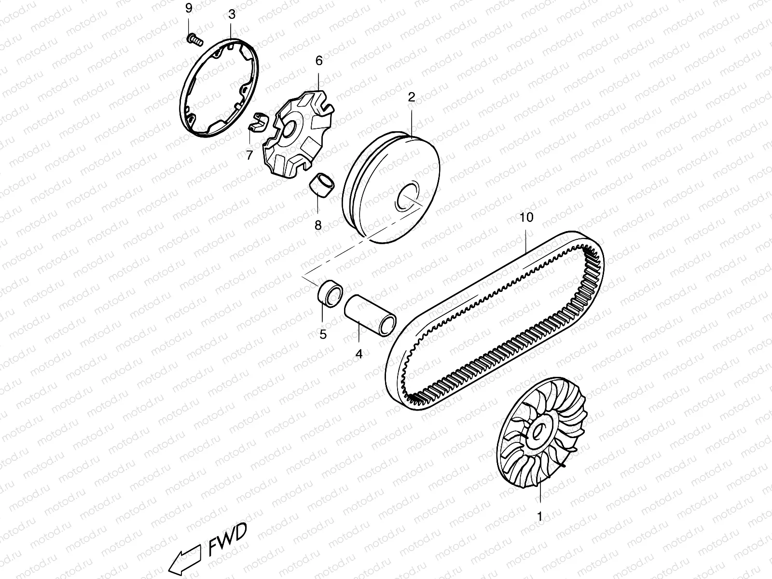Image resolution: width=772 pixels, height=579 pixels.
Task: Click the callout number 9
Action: [x=189, y=8]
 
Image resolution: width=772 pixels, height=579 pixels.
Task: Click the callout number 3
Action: [x=232, y=14]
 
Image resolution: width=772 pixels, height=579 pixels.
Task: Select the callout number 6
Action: [x=319, y=61]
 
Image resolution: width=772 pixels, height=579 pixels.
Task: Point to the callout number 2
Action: [x=411, y=97]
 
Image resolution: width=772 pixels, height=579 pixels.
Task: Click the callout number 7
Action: [x=249, y=155]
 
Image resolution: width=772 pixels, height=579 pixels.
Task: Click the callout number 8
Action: [x=318, y=225]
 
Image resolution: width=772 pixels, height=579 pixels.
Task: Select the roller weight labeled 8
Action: [x=322, y=186]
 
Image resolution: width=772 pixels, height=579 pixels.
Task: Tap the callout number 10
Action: [x=526, y=218]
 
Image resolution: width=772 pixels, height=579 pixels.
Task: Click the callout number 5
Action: [x=323, y=333]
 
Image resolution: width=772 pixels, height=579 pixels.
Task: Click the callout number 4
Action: [x=358, y=354]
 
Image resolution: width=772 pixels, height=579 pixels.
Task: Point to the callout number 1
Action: [x=540, y=516]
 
